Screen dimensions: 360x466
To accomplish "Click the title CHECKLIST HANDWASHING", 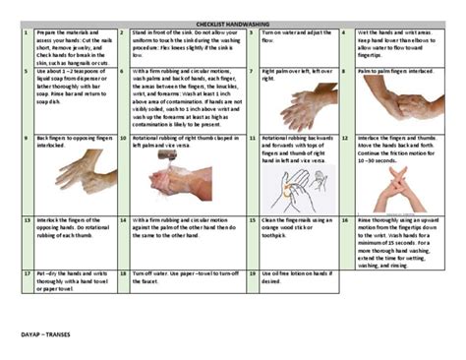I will click(233, 20).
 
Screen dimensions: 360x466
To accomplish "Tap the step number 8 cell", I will click(344, 72).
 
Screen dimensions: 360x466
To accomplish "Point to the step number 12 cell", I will click(344, 139).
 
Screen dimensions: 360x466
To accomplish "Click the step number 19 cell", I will click(252, 272).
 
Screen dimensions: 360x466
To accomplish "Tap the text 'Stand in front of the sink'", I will click(175, 32).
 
